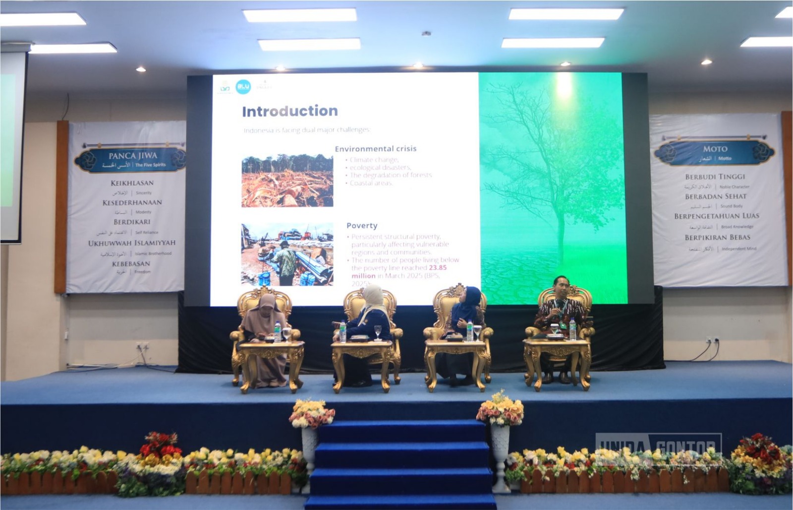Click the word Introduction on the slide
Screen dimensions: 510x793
pos(290,111)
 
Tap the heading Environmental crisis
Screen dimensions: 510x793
pos(376,149)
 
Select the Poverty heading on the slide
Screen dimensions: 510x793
pos(362,226)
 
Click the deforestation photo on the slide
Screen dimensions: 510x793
pos(287,181)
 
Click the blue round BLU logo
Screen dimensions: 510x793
pos(243,87)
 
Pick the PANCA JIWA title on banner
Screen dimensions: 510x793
pos(132,156)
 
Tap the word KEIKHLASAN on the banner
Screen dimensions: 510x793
pos(132,183)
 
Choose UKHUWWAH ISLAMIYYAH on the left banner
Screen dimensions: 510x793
pos(132,243)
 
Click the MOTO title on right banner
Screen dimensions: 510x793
pos(715,149)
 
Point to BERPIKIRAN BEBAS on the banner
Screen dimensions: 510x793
pos(717,238)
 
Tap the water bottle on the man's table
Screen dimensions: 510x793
pos(572,329)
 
